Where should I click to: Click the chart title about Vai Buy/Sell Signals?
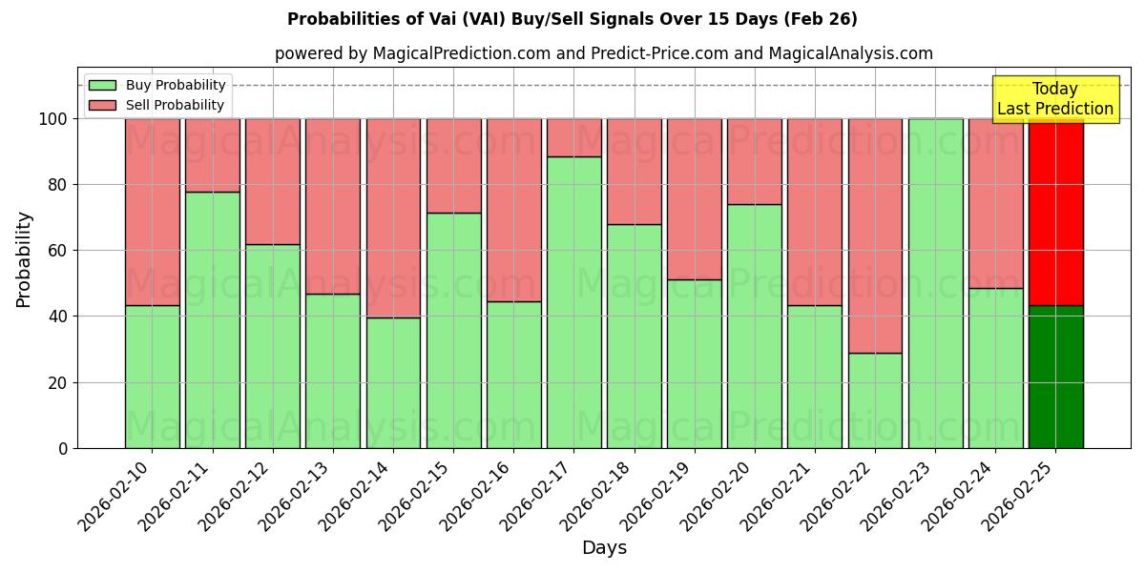572,19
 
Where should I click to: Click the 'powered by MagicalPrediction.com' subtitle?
603,53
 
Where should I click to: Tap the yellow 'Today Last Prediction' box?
1054,99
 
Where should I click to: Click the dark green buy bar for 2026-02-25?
1055,377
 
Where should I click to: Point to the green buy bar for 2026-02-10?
152,377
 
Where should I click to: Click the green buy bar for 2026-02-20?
754,326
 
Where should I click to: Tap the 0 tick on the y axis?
62,448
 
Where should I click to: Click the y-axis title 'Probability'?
24,259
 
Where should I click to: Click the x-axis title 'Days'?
603,548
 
